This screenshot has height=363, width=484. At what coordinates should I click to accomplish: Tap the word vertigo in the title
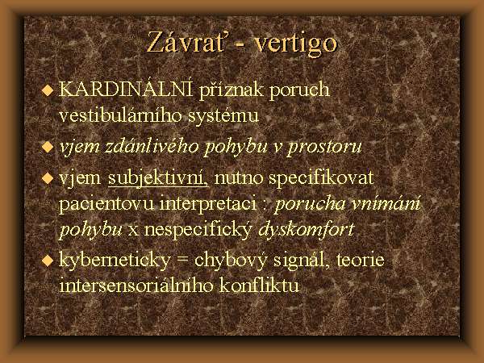point(295,44)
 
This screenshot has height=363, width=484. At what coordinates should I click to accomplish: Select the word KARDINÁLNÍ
point(125,89)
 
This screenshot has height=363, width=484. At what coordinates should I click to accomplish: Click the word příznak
point(232,90)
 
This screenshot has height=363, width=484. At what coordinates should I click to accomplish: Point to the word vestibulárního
point(121,115)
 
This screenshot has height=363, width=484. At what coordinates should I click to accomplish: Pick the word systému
point(223,116)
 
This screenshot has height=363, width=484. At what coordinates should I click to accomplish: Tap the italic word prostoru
point(324,148)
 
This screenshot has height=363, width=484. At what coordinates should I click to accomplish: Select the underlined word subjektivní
point(158,179)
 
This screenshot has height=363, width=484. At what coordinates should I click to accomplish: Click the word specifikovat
point(321,179)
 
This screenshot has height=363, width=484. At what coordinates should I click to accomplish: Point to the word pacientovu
point(106,204)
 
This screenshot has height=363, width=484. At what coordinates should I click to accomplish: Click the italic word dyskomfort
point(307,230)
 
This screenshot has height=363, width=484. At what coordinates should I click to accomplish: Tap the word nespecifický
point(198,231)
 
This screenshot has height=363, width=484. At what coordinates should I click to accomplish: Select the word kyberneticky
point(115,261)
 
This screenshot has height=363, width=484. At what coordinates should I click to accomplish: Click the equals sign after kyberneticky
point(183,261)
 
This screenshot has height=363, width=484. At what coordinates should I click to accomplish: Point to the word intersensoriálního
point(136,286)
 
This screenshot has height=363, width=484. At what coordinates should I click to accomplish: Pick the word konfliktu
point(259,285)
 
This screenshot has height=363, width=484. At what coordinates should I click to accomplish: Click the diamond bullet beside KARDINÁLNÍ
point(48,90)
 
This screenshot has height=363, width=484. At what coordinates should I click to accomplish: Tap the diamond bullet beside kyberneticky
point(48,261)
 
